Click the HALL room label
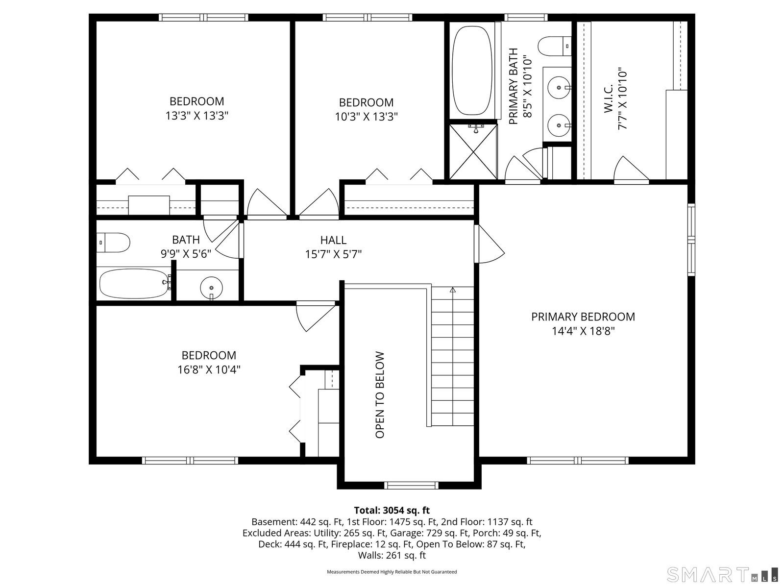[x=333, y=240]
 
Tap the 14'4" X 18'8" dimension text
[x=583, y=331]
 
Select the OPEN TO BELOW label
[x=380, y=395]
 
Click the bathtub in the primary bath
[x=472, y=71]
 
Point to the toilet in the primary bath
[x=555, y=46]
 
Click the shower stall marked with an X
[x=473, y=151]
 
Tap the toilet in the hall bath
[x=113, y=243]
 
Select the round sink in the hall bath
[x=212, y=288]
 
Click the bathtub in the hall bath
[x=134, y=284]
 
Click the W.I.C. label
[x=608, y=98]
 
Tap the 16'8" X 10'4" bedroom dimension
[x=209, y=369]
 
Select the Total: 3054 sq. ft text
[x=392, y=510]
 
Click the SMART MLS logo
[x=722, y=575]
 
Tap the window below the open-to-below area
[x=411, y=485]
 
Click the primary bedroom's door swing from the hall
[x=490, y=244]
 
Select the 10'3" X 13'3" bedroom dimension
[x=367, y=117]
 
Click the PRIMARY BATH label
[x=513, y=86]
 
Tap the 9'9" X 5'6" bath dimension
[x=186, y=254]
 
